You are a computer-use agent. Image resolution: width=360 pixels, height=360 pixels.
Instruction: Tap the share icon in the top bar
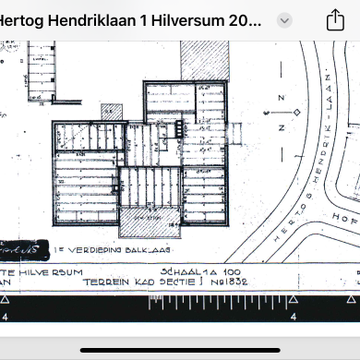click(335, 20)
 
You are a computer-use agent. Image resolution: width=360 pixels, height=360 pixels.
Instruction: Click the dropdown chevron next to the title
click(284, 20)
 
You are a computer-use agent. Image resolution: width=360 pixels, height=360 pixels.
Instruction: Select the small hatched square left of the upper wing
click(111, 110)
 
